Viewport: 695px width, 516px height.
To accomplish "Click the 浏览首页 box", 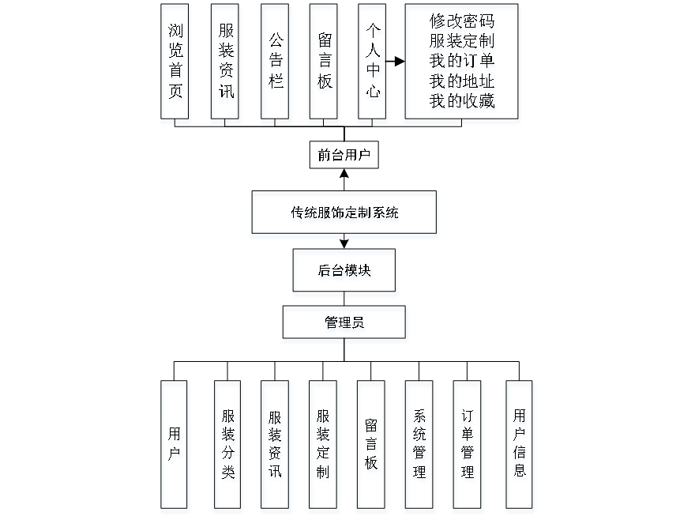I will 176,64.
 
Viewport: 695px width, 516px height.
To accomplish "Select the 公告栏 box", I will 276,64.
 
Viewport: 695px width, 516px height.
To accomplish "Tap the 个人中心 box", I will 373,64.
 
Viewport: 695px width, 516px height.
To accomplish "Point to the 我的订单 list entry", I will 463,62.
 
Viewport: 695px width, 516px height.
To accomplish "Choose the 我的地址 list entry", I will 463,81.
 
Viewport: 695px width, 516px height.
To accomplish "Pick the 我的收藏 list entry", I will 463,101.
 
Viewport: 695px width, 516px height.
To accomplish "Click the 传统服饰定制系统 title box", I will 344,214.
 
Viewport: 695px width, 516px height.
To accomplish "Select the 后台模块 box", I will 345,273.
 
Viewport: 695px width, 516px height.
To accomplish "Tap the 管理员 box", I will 345,325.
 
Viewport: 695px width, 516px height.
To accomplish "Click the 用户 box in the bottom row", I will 175,446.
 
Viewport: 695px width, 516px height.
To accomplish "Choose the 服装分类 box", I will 228,446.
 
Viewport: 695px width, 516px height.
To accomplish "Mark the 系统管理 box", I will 419,446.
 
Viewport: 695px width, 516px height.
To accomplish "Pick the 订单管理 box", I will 468,446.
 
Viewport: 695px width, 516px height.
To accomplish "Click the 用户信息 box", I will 520,446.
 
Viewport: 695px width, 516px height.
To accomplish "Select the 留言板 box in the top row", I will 325,64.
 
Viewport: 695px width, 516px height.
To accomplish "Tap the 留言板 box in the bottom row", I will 372,446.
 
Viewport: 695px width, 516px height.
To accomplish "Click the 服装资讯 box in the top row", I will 226,64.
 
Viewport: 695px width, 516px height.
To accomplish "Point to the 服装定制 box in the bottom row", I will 323,446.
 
